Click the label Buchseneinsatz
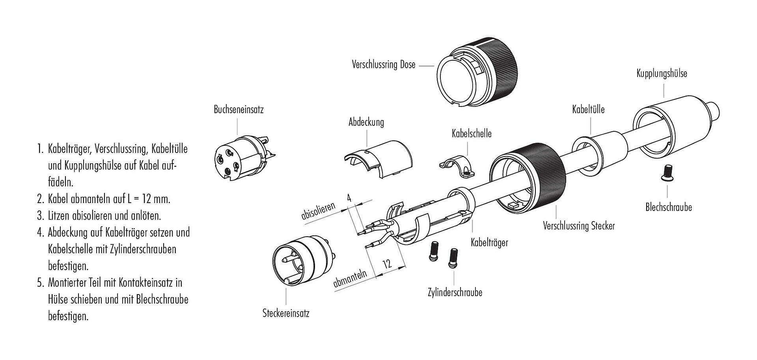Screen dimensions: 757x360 [239, 109]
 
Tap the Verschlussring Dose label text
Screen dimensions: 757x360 [384, 64]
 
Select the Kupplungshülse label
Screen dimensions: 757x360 [662, 73]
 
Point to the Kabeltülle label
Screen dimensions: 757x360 [588, 109]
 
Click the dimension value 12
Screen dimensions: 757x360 [388, 264]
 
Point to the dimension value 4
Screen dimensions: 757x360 [349, 198]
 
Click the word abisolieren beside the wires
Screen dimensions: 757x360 [319, 211]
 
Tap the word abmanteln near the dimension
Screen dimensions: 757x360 [350, 279]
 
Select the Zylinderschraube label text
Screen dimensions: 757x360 [455, 293]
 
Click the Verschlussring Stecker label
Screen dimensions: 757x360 [579, 226]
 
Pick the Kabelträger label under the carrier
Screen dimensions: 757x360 [489, 242]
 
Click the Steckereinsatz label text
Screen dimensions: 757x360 [286, 313]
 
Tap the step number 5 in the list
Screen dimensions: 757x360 [40, 283]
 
